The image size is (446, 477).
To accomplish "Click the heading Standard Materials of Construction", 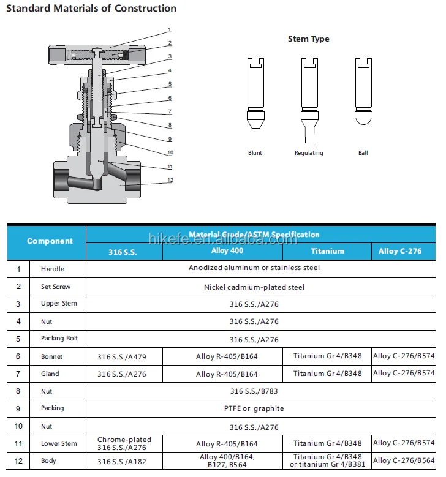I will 91,9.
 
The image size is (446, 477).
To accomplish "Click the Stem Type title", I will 308,39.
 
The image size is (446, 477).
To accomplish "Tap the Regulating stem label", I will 308,153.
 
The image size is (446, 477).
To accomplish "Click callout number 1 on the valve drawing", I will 170,29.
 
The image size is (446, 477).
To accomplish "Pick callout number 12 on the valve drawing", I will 170,180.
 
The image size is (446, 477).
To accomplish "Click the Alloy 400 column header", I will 228,250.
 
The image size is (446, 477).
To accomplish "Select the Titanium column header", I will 327,251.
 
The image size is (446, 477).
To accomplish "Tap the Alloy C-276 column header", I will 400,251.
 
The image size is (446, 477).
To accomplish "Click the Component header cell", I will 50,241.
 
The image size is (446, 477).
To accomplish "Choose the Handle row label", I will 53,269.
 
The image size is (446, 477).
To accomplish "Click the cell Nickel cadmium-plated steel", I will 254,287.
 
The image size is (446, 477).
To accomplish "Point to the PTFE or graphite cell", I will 254,408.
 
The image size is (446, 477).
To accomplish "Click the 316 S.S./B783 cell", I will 254,391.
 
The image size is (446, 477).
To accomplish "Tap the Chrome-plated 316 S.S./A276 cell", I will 124,443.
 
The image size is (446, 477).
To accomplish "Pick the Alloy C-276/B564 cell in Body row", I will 404,461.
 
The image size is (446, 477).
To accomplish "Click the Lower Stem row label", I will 59,443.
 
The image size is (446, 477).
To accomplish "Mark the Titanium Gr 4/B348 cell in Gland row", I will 327,374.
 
